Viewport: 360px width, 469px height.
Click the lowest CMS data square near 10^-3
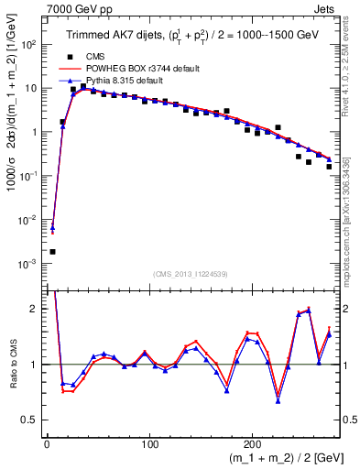[x=52, y=251]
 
